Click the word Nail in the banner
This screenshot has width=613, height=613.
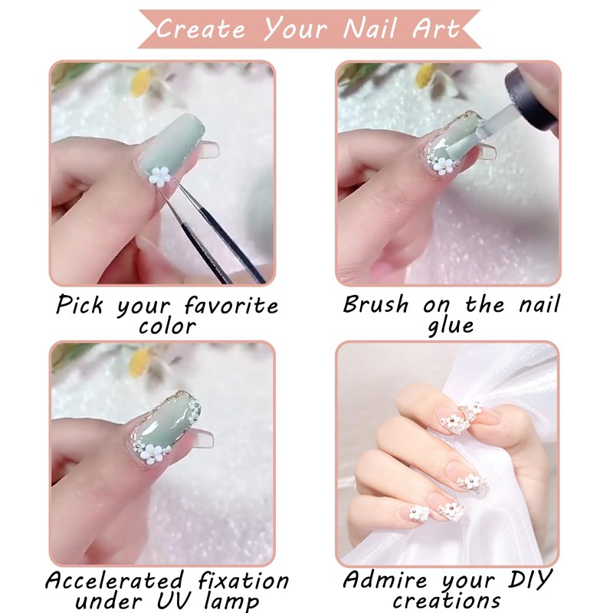(x=369, y=29)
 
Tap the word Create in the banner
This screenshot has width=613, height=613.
(x=201, y=28)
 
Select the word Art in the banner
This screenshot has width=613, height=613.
(x=435, y=28)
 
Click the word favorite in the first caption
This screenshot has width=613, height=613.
(x=231, y=304)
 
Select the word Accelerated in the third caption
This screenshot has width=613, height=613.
(x=114, y=580)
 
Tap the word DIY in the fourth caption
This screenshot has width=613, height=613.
(x=530, y=579)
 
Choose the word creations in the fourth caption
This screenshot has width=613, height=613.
(x=447, y=600)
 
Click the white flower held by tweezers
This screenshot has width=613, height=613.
(x=160, y=176)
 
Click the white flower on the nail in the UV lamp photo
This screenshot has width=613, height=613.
(x=154, y=454)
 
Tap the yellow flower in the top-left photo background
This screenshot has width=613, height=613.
(x=142, y=83)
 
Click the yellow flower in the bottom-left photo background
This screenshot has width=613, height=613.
(x=140, y=362)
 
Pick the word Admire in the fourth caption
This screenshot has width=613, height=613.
(x=385, y=579)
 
